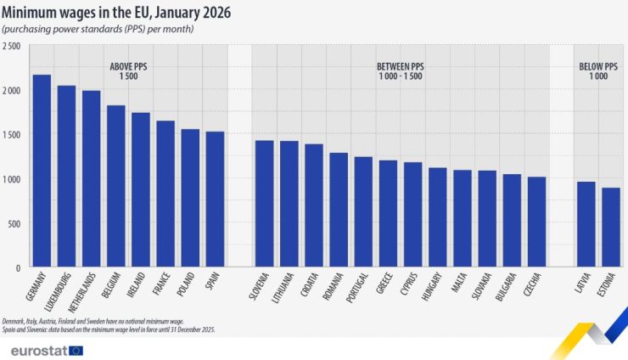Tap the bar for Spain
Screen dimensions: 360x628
pos(216,200)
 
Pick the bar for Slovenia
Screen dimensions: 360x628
pos(265,204)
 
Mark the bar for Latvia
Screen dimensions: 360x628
pos(586,225)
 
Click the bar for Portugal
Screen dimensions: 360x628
pos(363,212)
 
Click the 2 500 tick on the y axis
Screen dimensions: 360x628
pos(11,46)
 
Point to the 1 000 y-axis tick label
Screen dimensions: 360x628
pos(11,179)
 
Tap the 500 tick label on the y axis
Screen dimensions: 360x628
pos(14,223)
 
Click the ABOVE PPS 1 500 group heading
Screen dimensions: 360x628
pos(129,70)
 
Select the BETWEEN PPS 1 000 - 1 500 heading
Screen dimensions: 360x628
pos(400,70)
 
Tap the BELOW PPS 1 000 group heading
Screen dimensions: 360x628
pos(598,70)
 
